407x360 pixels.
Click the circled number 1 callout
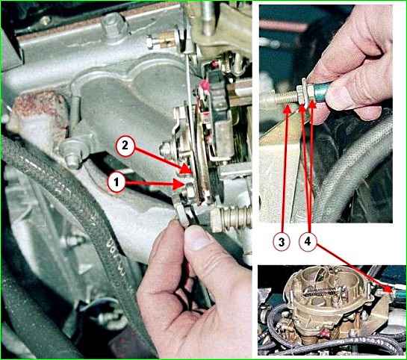tap(116, 182)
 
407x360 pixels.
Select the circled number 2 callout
tap(125, 146)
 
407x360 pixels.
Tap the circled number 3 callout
tap(282, 242)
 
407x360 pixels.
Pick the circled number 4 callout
tap(308, 242)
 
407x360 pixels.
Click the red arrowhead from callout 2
tap(186, 169)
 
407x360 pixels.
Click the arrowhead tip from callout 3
tap(287, 105)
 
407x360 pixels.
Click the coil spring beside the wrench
tap(235, 216)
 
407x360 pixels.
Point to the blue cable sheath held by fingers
tap(320, 90)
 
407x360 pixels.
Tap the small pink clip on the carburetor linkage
tap(205, 85)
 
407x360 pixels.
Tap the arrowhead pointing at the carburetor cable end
tap(388, 289)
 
